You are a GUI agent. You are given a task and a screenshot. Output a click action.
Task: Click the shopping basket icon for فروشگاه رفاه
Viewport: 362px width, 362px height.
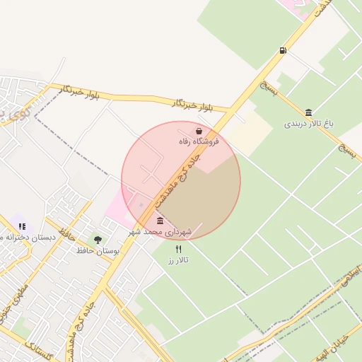[199, 131]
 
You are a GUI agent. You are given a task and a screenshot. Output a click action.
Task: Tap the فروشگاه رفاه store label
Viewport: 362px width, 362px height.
[199, 141]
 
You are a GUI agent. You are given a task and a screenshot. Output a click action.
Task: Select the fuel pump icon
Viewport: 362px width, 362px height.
[284, 50]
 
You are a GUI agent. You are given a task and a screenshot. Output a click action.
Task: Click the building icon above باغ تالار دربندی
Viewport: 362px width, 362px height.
[309, 112]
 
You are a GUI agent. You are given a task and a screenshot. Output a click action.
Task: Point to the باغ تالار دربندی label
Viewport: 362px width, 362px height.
[309, 123]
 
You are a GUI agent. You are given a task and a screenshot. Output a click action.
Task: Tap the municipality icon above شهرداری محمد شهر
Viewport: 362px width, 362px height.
[160, 221]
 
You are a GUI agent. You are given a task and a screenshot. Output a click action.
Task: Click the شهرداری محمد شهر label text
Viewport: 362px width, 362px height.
[156, 231]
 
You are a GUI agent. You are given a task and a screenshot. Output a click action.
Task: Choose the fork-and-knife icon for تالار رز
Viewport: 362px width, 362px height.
[178, 249]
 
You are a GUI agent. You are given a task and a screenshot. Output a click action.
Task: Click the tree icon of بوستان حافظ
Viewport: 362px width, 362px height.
[98, 240]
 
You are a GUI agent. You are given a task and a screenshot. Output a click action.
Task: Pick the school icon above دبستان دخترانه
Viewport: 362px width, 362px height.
[22, 226]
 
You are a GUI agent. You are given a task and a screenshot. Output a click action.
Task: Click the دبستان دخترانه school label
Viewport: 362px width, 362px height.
[28, 237]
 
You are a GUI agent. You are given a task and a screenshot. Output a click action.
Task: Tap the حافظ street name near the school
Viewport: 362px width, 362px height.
[69, 235]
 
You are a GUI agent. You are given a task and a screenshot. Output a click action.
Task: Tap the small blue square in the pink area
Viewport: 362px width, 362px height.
[140, 206]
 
